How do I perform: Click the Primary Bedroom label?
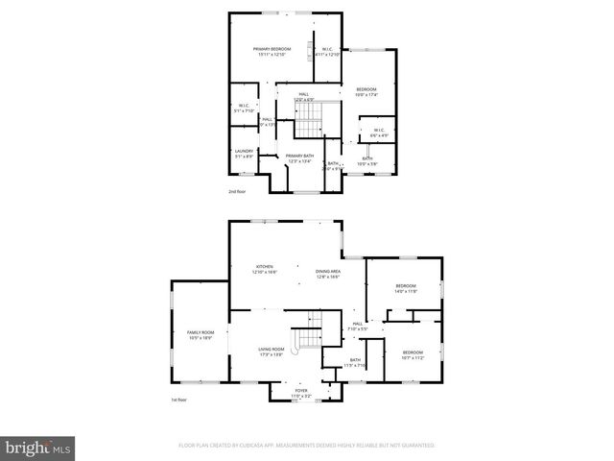coord(272,49)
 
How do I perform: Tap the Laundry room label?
coord(244,151)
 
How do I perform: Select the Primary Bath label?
coord(299,156)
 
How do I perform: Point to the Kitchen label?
coord(264,267)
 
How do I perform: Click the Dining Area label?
coord(328,272)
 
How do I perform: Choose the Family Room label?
coord(200,332)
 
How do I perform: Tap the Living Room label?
coord(272,350)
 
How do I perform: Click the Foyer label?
coord(301,391)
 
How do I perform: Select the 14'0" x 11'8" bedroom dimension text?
coord(406,291)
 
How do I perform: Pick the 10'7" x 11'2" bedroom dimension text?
coord(413,358)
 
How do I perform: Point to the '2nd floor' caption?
coord(238,192)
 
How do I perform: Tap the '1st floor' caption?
coord(178,400)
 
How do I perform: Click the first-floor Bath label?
coord(355,360)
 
